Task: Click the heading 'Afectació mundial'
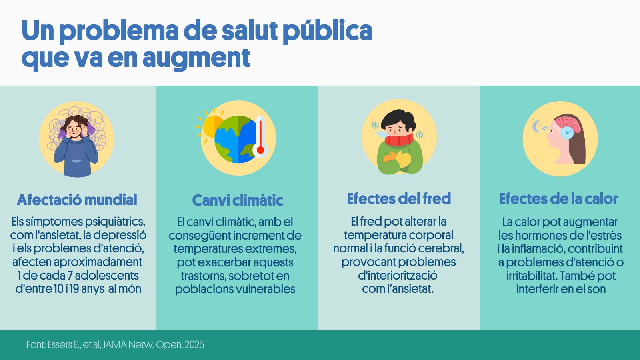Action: (77, 200)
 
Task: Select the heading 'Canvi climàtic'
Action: (238, 200)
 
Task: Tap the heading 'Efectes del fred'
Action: (399, 198)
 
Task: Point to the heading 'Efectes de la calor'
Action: (558, 198)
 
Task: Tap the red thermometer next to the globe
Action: (260, 136)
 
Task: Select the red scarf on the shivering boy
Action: (399, 140)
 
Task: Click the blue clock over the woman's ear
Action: (567, 132)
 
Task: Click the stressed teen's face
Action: (75, 128)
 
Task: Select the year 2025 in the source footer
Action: (194, 344)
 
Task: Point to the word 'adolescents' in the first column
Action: (106, 276)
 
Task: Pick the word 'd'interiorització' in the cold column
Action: (398, 276)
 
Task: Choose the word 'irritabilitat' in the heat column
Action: (532, 276)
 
